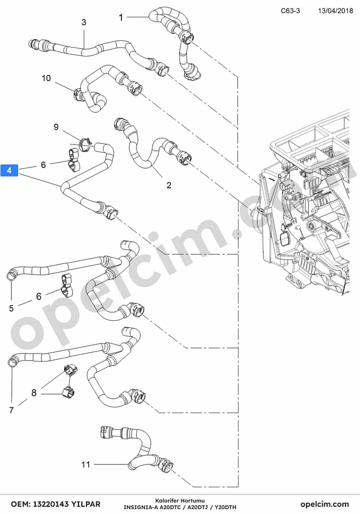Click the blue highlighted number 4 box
click(x=9, y=170)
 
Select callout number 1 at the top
click(x=121, y=17)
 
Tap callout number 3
click(x=84, y=22)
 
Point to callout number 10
click(x=46, y=78)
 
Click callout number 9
click(x=56, y=127)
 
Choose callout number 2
click(x=169, y=185)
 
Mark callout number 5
click(x=11, y=308)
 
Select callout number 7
click(x=11, y=410)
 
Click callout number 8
click(x=34, y=393)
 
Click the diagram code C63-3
click(x=290, y=11)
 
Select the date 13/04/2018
click(x=335, y=11)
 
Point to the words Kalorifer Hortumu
click(x=180, y=501)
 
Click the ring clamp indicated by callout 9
click(x=84, y=144)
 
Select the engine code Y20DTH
click(x=225, y=507)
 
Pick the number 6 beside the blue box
click(x=43, y=165)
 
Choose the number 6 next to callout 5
click(x=39, y=296)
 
